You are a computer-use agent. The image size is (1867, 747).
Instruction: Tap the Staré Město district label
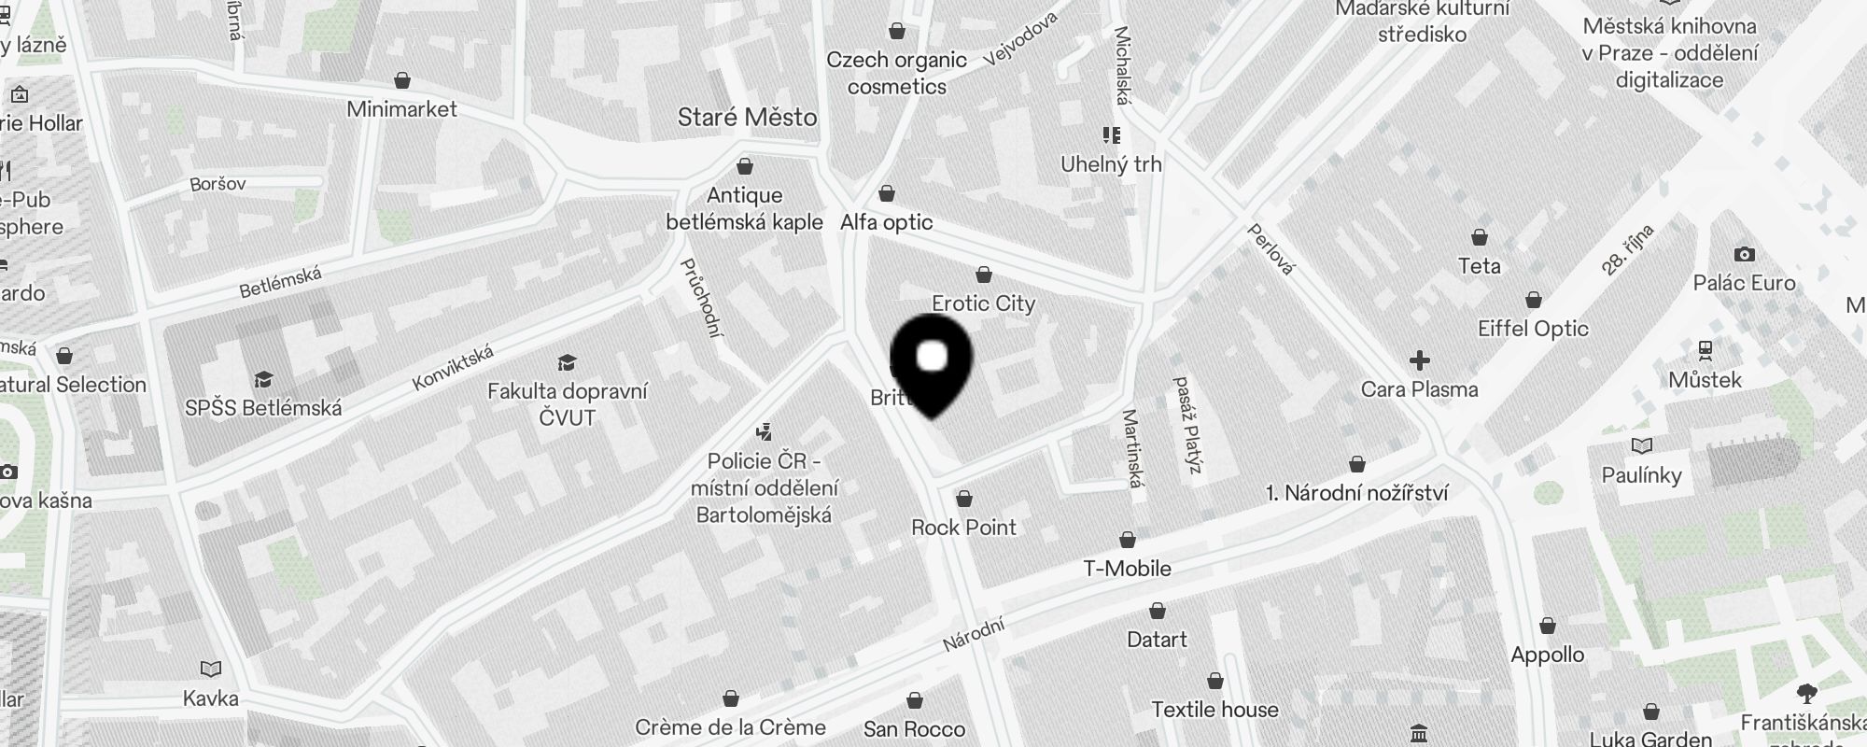click(x=747, y=118)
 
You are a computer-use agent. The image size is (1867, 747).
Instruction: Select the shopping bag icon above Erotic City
click(x=983, y=275)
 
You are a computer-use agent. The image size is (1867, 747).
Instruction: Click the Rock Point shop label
click(x=963, y=528)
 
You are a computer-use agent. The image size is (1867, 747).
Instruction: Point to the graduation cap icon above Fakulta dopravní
click(x=567, y=363)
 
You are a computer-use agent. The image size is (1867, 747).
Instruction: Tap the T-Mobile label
click(x=1127, y=569)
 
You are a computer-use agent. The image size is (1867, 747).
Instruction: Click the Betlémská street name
click(x=280, y=282)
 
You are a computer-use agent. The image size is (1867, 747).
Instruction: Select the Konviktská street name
click(x=453, y=369)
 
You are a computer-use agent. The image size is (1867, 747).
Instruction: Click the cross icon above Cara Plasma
click(x=1420, y=360)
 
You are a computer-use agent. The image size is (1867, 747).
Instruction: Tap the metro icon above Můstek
click(x=1706, y=351)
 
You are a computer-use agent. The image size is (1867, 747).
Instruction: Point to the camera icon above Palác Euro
click(x=1744, y=254)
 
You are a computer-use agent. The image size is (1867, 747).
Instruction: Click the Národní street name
click(x=973, y=635)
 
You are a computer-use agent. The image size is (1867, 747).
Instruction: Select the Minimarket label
click(x=401, y=109)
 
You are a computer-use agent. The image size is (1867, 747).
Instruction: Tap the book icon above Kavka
click(x=211, y=669)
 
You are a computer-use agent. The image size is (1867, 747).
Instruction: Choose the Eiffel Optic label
click(x=1533, y=329)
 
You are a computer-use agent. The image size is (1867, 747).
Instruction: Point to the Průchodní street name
click(x=703, y=298)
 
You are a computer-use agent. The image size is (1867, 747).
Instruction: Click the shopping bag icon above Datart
click(x=1158, y=611)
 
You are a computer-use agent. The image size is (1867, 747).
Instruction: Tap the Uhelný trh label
click(x=1111, y=164)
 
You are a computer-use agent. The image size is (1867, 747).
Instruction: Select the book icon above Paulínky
click(x=1641, y=445)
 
